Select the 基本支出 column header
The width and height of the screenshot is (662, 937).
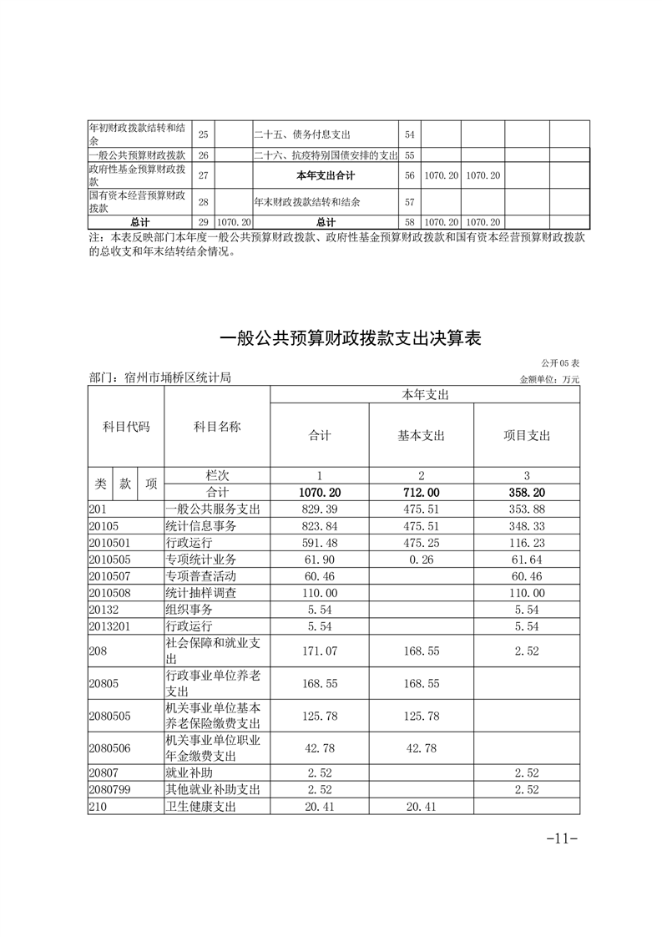point(422,436)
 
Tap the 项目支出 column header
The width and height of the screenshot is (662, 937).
point(527,436)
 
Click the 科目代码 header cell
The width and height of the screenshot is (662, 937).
point(126,426)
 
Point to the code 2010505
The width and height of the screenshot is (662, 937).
point(110,559)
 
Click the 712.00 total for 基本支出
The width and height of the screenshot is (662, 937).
point(422,494)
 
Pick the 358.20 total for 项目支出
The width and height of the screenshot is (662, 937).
point(527,494)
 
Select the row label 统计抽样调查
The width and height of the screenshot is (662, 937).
point(201,592)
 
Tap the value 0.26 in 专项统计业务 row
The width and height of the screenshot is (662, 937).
point(422,559)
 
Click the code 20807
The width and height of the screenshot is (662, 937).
point(104,773)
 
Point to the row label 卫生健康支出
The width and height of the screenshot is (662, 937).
point(201,806)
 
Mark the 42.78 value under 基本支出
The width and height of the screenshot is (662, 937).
point(422,748)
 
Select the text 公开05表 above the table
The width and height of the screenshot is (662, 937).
point(559,364)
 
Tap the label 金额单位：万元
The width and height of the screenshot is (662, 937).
point(548,379)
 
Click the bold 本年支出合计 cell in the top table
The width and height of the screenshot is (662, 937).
point(326,176)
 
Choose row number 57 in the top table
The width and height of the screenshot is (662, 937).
point(409,202)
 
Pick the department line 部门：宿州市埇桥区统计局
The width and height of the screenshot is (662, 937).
point(159,377)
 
